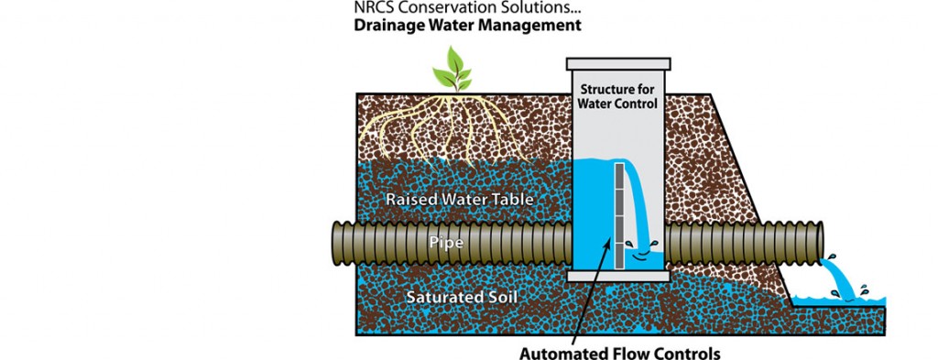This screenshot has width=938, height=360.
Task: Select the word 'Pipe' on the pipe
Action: coord(446,244)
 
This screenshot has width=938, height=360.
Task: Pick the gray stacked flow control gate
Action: coord(618,216)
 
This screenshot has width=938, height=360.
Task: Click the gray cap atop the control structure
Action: coord(617,64)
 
